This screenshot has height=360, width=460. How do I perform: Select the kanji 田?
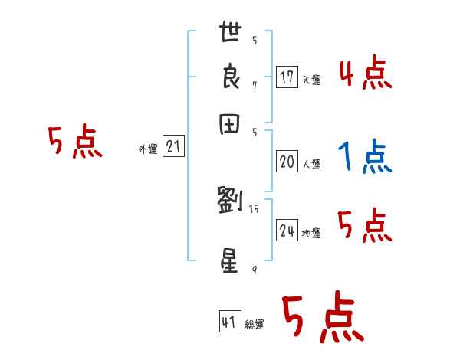(232, 124)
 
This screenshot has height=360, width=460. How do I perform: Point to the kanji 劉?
(231, 200)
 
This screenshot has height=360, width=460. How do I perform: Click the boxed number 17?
(287, 77)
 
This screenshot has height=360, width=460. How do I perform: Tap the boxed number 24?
(287, 231)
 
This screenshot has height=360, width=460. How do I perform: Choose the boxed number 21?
(173, 147)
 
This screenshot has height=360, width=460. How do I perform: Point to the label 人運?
(311, 164)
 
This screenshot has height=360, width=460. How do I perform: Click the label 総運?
(255, 325)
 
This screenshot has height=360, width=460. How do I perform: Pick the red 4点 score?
(365, 75)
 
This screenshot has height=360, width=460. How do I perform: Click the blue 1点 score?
(364, 158)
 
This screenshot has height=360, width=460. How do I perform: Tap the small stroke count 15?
(254, 208)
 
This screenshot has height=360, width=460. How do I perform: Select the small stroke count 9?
(254, 270)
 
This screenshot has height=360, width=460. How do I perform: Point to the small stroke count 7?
(254, 85)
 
